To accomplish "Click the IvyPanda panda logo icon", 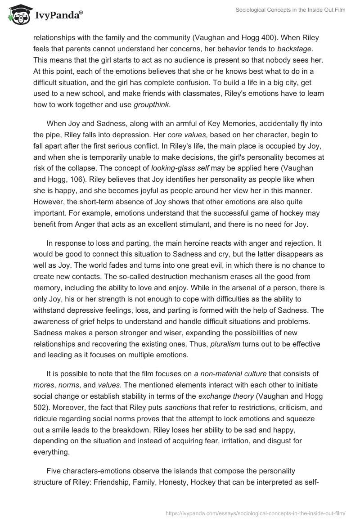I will coord(18,16).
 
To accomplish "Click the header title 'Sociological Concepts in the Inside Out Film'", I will coord(291,10).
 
